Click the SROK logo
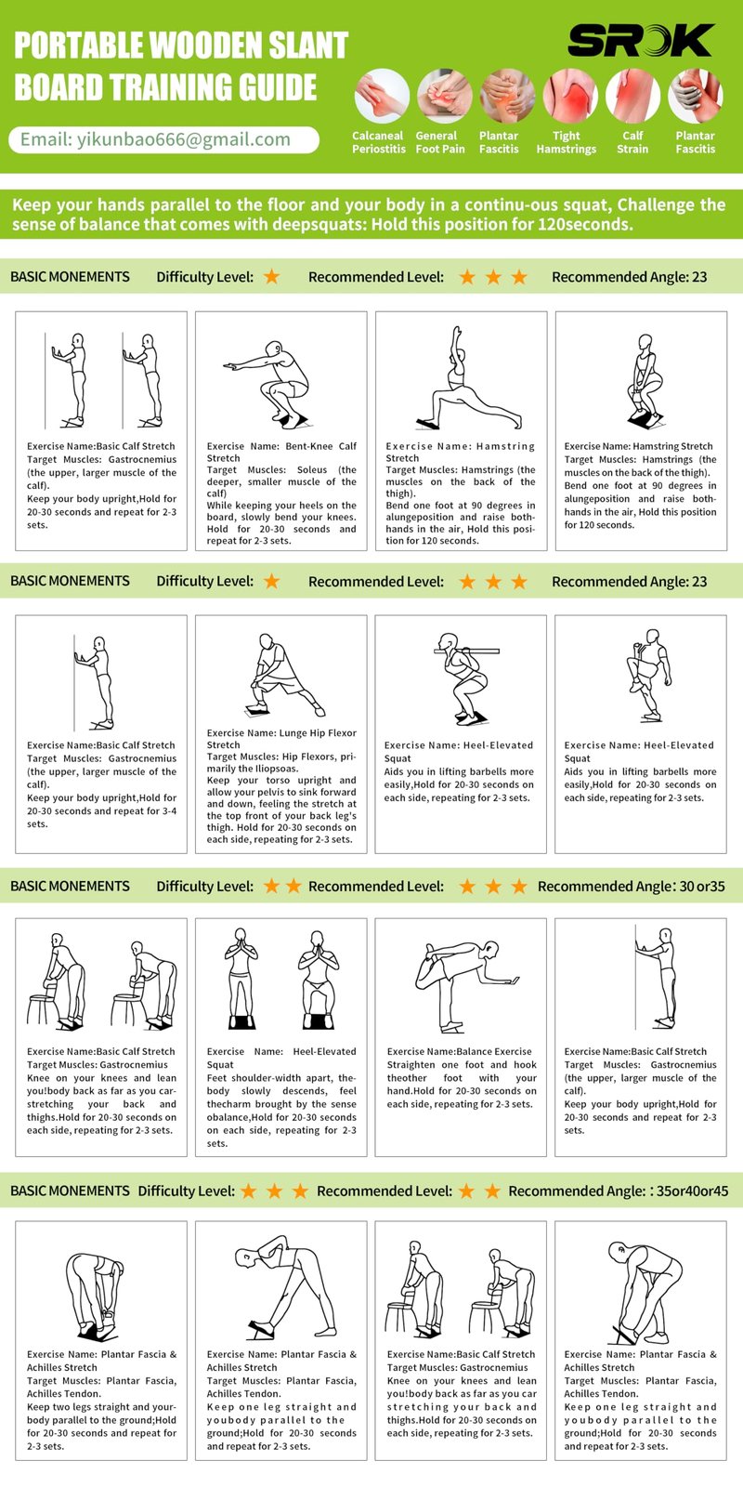(x=641, y=41)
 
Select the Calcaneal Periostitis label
(x=379, y=142)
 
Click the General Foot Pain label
(x=440, y=142)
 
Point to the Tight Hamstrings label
(x=567, y=142)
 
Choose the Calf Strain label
(x=632, y=142)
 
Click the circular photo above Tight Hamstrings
(x=569, y=97)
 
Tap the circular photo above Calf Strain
(x=632, y=97)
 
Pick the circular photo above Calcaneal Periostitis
(x=382, y=97)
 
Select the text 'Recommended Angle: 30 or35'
(x=631, y=887)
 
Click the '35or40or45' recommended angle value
(x=692, y=1191)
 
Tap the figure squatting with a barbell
(x=466, y=678)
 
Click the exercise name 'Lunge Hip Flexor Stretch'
(x=281, y=739)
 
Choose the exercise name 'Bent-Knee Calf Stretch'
(x=281, y=452)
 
